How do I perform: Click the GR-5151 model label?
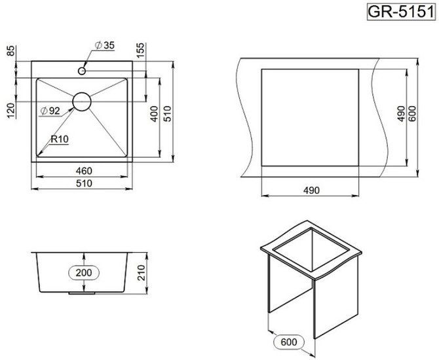401,12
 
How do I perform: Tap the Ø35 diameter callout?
105,45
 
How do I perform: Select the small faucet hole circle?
82,71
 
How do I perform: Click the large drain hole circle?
82,101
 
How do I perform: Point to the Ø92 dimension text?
50,111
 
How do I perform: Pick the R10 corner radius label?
60,139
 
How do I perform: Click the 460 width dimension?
84,171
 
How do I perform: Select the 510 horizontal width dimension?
84,183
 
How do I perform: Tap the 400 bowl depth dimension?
154,114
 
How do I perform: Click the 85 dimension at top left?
10,50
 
